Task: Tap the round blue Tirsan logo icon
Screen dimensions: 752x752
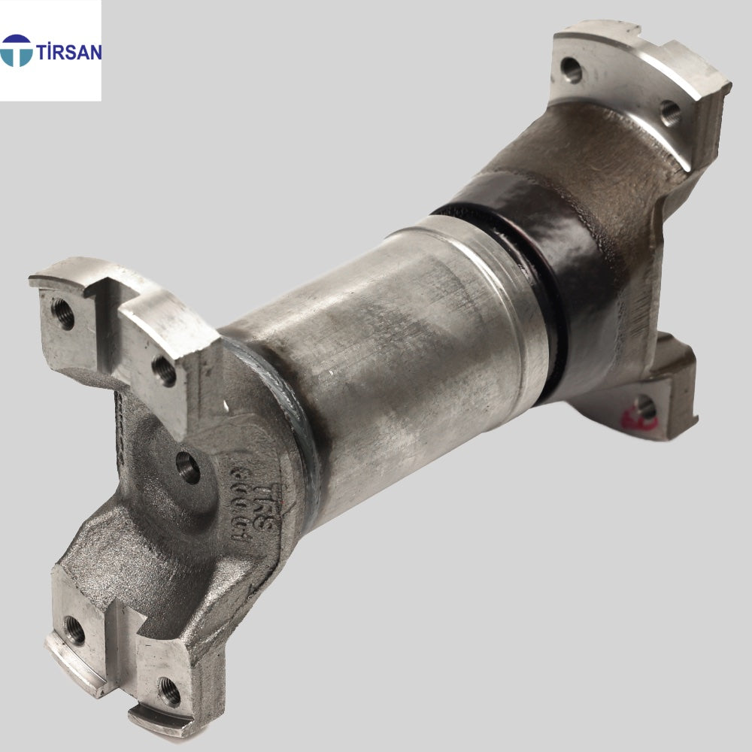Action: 17,50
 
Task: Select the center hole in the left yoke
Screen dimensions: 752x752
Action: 188,467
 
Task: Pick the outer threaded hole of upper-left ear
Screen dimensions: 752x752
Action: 63,313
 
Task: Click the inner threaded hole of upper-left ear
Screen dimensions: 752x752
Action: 164,369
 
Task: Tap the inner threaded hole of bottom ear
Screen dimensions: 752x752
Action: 168,690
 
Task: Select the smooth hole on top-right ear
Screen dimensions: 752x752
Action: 572,70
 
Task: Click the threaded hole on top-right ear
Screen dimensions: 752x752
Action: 671,113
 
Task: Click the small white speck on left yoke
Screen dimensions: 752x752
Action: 226,407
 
